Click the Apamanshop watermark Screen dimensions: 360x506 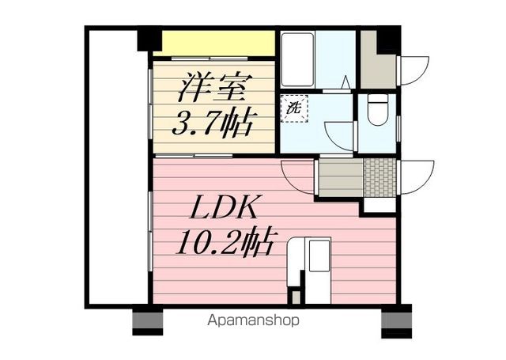[252, 321]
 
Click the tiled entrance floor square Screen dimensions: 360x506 [379, 176]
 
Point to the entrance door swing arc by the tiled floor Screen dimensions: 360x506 [415, 178]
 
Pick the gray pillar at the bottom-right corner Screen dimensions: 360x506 [396, 320]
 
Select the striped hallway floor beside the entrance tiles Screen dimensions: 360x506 [339, 176]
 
